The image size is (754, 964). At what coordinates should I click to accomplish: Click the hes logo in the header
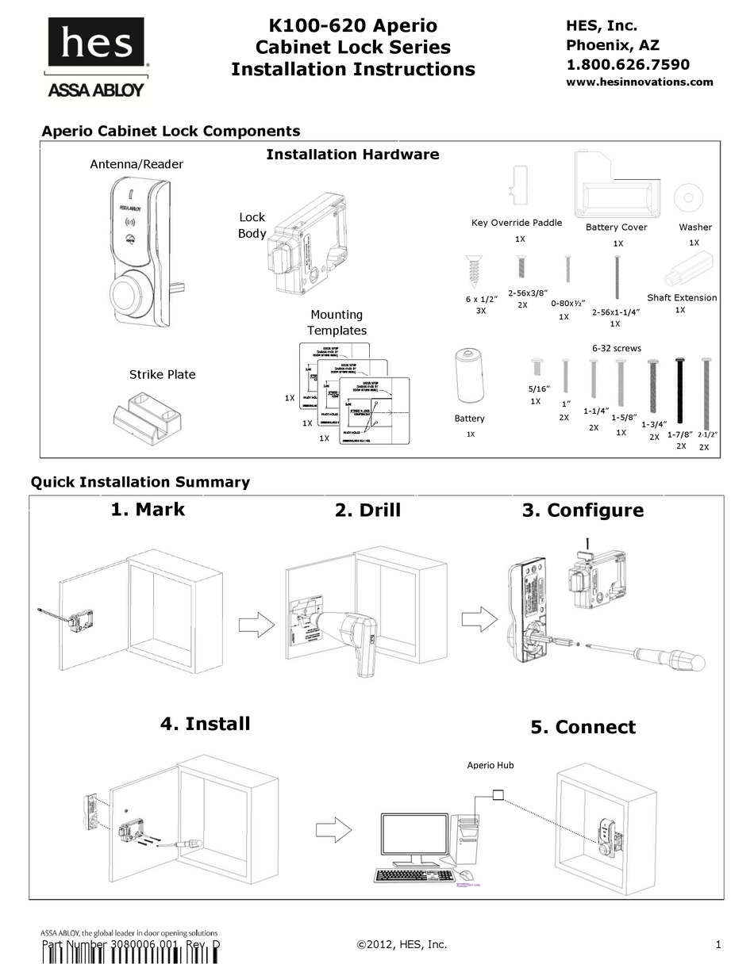click(x=96, y=44)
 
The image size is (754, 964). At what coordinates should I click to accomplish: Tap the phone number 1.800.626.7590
click(x=627, y=64)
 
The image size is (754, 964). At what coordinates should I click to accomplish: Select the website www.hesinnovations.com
click(x=639, y=82)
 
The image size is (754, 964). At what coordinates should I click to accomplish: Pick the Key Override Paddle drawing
click(x=517, y=186)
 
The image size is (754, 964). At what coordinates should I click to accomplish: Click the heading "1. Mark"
click(x=148, y=509)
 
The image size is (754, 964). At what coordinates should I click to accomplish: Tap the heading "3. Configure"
click(x=583, y=510)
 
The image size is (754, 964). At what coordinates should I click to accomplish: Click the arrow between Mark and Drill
click(x=256, y=624)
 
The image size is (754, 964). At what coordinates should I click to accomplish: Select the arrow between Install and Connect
click(x=333, y=830)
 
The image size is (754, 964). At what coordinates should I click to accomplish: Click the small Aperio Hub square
click(x=498, y=794)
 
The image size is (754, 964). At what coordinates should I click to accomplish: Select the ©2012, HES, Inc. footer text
click(x=402, y=944)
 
